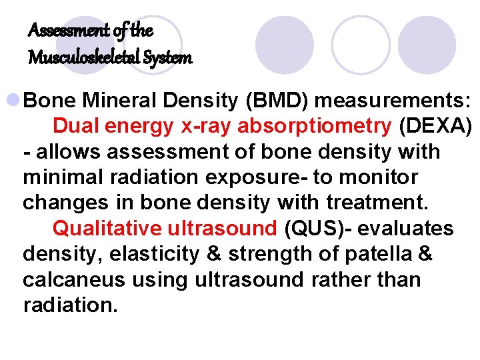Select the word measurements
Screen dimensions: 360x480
(393, 101)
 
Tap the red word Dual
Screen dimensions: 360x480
(74, 126)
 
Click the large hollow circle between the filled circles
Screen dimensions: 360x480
(361, 45)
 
